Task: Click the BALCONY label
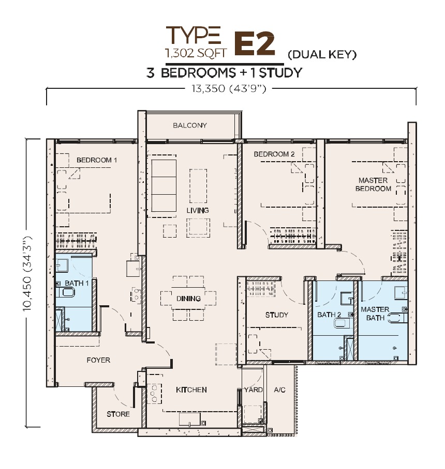(x=190, y=126)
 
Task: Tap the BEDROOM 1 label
(x=96, y=160)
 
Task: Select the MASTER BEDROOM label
(x=373, y=184)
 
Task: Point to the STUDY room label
(x=277, y=315)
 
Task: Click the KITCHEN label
(x=191, y=390)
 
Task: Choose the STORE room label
(x=118, y=414)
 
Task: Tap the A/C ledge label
(x=279, y=390)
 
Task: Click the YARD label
(x=253, y=390)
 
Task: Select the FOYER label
(x=98, y=360)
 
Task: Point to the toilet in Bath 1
(x=65, y=292)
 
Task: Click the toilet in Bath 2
(x=342, y=323)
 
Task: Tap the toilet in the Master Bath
(x=397, y=318)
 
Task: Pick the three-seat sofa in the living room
(x=164, y=186)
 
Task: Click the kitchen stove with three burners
(x=154, y=393)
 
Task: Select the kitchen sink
(x=190, y=419)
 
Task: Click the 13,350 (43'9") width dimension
(x=229, y=88)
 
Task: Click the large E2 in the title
(x=255, y=44)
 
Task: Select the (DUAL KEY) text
(x=322, y=55)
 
